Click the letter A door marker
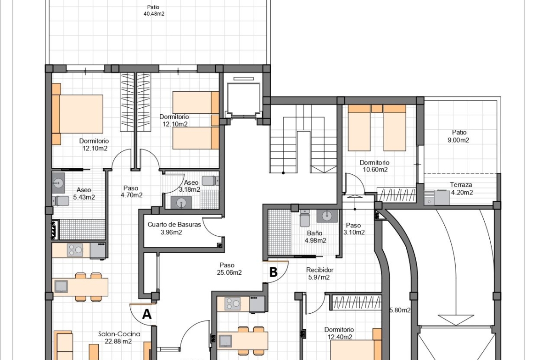point(146,314)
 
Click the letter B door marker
point(273,272)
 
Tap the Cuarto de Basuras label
point(174,228)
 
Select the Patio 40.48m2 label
point(154,10)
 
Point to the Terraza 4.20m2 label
point(461,188)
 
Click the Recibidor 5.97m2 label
point(319,273)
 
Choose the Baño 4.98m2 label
point(315,237)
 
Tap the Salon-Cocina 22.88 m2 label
point(119,338)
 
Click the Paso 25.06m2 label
point(229,269)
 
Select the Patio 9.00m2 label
point(459,136)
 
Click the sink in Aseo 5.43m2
point(58,183)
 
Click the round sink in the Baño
point(327,216)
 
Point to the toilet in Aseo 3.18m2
point(210,180)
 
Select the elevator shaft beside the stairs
point(243,98)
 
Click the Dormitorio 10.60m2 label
point(375,166)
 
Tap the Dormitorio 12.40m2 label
point(339,333)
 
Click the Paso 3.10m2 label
point(354,228)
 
